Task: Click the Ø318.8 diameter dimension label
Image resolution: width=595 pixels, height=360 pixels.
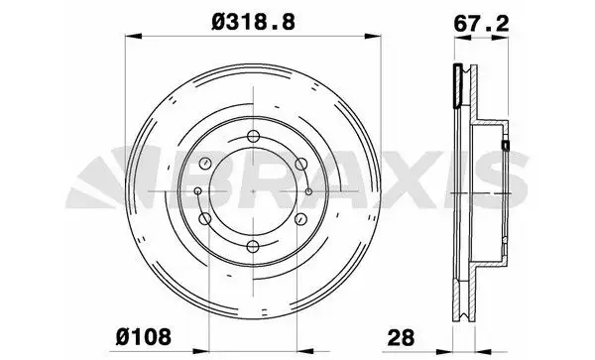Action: tap(253, 21)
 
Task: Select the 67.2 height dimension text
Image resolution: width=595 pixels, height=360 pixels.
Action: tap(481, 24)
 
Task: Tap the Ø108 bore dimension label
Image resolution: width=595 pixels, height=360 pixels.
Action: tap(144, 336)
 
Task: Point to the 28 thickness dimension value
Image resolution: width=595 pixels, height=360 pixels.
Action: tap(401, 336)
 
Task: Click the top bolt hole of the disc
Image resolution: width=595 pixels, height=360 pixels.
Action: tap(253, 136)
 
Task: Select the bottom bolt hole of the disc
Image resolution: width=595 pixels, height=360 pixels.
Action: tap(253, 247)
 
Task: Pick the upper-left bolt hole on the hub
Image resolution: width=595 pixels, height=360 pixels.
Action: tap(205, 163)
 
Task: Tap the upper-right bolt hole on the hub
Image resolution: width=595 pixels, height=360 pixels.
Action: tap(300, 164)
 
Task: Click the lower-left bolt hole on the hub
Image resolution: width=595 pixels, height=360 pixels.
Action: tap(205, 218)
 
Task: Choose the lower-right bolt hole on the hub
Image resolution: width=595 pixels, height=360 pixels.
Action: tap(300, 218)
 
